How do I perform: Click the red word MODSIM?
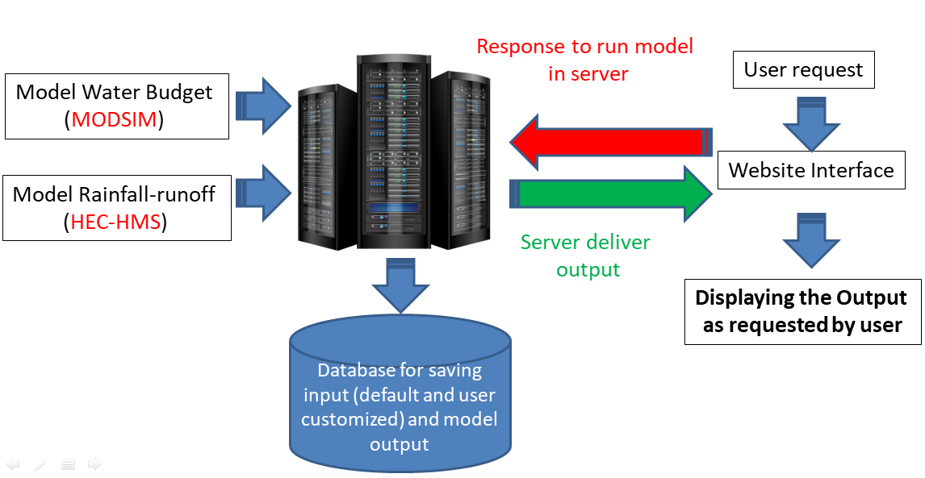pyautogui.click(x=114, y=120)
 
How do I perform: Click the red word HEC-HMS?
pyautogui.click(x=115, y=222)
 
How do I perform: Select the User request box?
pyautogui.click(x=803, y=70)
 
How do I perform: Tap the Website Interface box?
pyautogui.click(x=810, y=171)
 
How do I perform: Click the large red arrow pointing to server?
pyautogui.click(x=606, y=143)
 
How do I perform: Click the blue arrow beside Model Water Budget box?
pyautogui.click(x=263, y=106)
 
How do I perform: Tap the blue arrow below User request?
pyautogui.click(x=810, y=123)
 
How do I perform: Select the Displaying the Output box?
pyautogui.click(x=802, y=312)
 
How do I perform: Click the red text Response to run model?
pyautogui.click(x=584, y=46)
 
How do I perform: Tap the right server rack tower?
pyautogui.click(x=458, y=157)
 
